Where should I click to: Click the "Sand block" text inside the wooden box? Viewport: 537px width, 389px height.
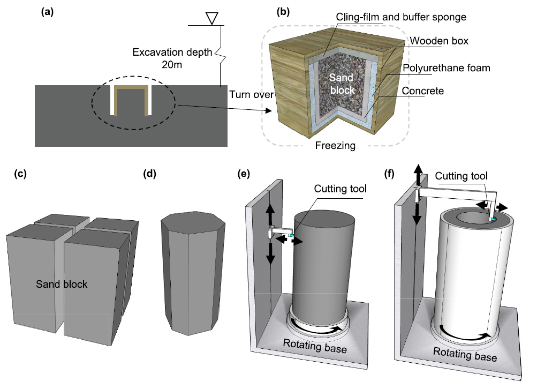[342, 84]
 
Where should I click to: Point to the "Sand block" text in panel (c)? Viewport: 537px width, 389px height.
[62, 284]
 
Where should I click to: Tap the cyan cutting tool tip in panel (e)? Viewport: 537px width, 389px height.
[292, 235]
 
